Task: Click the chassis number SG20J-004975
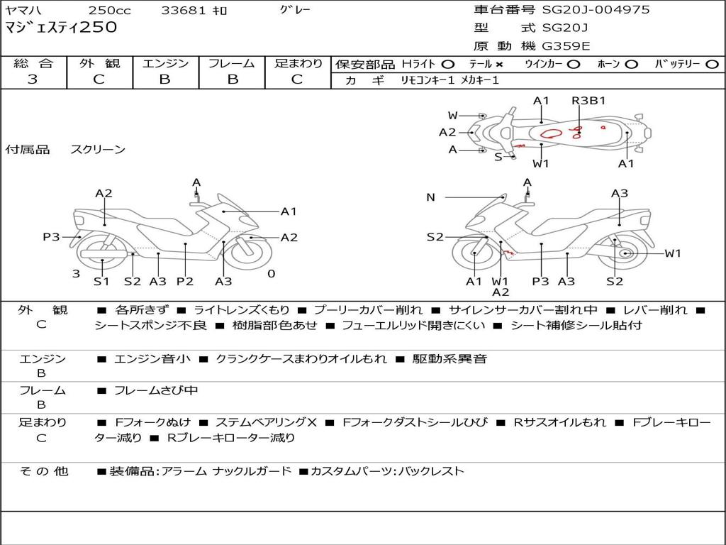pyautogui.click(x=596, y=9)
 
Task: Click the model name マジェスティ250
pyautogui.click(x=61, y=28)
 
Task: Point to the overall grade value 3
pyautogui.click(x=33, y=79)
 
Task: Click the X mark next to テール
pyautogui.click(x=498, y=65)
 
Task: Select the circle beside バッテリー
pyautogui.click(x=712, y=65)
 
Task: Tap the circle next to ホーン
pyautogui.click(x=631, y=65)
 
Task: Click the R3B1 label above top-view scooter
pyautogui.click(x=588, y=100)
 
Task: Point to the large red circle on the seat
pyautogui.click(x=551, y=133)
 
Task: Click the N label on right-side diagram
pyautogui.click(x=430, y=197)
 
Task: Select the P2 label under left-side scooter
pyautogui.click(x=185, y=281)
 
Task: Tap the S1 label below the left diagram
pyautogui.click(x=101, y=281)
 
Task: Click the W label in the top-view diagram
pyautogui.click(x=452, y=116)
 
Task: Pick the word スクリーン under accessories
pyautogui.click(x=98, y=149)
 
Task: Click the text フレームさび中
pyautogui.click(x=156, y=391)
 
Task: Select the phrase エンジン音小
pyautogui.click(x=152, y=358)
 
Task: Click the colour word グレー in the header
pyautogui.click(x=295, y=9)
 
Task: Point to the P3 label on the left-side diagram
pyautogui.click(x=51, y=237)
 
